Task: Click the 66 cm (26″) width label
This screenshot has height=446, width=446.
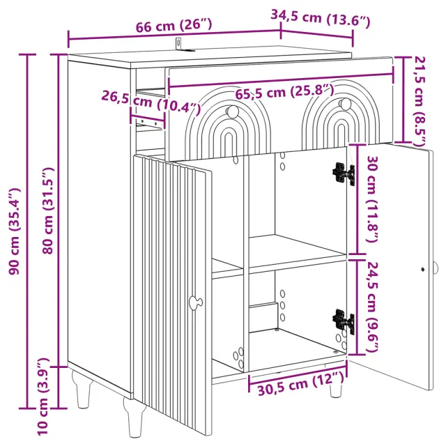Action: click(174, 25)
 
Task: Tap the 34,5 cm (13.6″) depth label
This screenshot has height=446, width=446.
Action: click(321, 18)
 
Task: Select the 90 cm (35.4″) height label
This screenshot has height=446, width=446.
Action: click(15, 231)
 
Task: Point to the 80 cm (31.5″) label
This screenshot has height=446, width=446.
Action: click(47, 210)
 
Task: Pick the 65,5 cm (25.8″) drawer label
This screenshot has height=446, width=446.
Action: click(284, 91)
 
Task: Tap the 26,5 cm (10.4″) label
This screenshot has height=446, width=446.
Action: click(151, 102)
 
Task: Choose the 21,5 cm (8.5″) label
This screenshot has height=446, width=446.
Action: click(420, 101)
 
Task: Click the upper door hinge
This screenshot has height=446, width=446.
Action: click(344, 174)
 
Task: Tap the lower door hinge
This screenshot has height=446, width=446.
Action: click(344, 321)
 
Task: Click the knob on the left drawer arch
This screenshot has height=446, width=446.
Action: click(233, 111)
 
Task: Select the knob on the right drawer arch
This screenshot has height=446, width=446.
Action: click(346, 103)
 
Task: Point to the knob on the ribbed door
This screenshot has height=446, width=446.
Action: click(196, 302)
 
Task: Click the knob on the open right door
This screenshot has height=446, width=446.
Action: click(436, 268)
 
